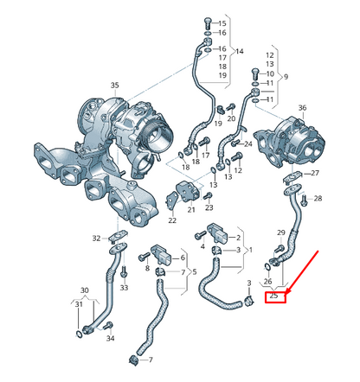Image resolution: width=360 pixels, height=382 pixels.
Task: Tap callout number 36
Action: tap(301, 107)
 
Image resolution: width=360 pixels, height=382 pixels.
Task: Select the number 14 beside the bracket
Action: tap(239, 53)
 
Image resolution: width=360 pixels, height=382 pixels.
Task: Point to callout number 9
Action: tap(288, 76)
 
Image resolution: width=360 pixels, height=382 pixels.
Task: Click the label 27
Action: tap(315, 174)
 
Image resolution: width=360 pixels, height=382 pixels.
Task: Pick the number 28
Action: tap(318, 199)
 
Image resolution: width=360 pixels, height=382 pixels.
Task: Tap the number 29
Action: tap(280, 233)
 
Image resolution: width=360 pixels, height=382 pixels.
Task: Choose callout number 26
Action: tap(267, 282)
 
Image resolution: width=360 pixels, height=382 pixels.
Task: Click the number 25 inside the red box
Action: tap(274, 296)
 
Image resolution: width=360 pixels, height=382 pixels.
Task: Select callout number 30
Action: tap(84, 290)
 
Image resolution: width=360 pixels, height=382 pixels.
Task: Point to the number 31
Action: tap(79, 303)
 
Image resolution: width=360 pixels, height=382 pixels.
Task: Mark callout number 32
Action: tap(96, 237)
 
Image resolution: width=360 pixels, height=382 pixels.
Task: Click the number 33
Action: tap(124, 286)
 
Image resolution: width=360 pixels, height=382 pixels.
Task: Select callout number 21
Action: tap(191, 209)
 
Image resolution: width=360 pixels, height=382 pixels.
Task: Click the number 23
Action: tap(209, 208)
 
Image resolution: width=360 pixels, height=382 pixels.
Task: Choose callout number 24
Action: tap(247, 143)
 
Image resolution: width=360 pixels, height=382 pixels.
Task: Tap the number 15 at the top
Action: tap(222, 22)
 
